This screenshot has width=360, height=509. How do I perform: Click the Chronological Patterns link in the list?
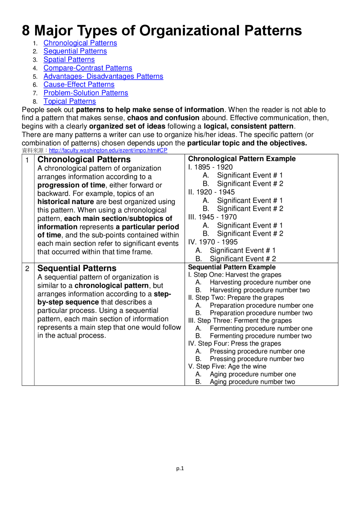(80, 43)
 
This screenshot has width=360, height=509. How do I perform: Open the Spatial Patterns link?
(69, 60)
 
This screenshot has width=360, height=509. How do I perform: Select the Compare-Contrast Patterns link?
(88, 68)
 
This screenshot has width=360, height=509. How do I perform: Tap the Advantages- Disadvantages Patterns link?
(103, 76)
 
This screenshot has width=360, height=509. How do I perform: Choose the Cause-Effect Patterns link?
(79, 85)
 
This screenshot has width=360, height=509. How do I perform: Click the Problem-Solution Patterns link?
(86, 93)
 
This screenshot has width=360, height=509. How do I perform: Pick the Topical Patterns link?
(69, 101)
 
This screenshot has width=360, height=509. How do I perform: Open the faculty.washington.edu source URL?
(108, 150)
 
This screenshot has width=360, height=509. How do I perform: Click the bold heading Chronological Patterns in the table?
(84, 160)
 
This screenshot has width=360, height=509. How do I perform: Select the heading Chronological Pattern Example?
(242, 159)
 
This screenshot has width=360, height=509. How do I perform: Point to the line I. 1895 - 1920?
(210, 167)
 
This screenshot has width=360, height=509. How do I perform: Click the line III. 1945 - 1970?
(212, 217)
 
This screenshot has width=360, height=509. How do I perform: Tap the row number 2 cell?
(27, 269)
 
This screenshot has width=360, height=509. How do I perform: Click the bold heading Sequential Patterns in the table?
(77, 268)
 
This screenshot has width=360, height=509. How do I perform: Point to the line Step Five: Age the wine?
(227, 367)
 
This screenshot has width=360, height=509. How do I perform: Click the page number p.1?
(180, 468)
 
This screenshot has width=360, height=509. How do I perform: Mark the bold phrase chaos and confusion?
(163, 118)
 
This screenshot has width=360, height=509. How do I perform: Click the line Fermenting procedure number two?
(260, 336)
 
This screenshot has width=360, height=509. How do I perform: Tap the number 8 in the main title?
(26, 31)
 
